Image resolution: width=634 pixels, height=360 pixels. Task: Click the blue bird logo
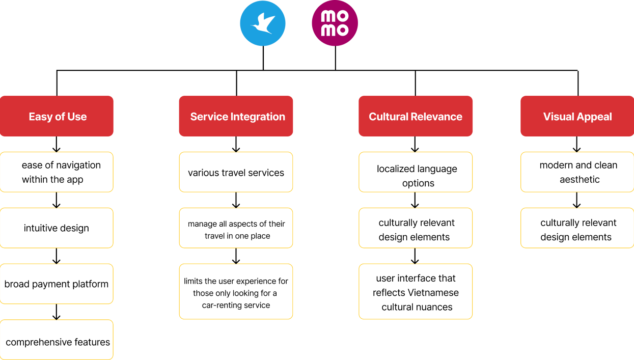(263, 23)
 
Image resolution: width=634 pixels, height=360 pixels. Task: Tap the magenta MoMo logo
(335, 23)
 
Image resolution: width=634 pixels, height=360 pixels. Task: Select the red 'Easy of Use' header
(57, 116)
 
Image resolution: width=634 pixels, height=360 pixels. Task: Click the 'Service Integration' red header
(236, 116)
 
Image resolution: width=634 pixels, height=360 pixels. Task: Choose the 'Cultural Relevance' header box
(416, 116)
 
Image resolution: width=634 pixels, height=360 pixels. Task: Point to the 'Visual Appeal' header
(577, 116)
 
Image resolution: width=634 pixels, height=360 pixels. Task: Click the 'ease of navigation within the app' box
(57, 172)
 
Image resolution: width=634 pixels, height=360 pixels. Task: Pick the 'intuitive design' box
(57, 228)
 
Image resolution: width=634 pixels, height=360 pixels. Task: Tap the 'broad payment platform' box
(57, 284)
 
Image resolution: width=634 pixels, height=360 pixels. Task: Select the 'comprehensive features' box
(57, 340)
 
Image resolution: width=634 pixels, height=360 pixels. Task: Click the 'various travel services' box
(236, 172)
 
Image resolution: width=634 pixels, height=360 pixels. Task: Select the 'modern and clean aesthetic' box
(577, 172)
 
